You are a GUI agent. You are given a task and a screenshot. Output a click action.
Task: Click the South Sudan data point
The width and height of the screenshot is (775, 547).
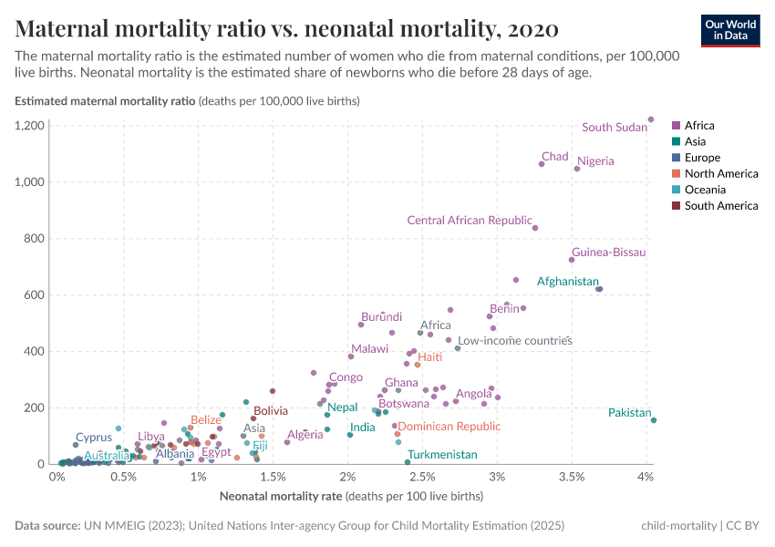click(x=651, y=119)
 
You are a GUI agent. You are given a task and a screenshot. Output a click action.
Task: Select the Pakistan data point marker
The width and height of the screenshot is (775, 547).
click(x=654, y=420)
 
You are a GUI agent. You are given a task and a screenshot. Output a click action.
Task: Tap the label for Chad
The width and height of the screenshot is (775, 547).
click(x=554, y=157)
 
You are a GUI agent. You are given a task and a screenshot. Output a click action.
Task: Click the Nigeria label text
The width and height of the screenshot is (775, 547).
click(x=595, y=161)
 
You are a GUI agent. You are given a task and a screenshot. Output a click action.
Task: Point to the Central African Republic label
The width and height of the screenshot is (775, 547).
click(x=469, y=220)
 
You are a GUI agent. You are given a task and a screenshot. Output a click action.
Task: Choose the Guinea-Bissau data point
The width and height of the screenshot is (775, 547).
click(x=572, y=260)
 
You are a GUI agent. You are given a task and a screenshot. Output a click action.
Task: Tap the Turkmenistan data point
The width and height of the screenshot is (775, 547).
click(x=407, y=462)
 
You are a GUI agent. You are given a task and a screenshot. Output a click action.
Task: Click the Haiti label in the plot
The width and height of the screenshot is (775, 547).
click(x=429, y=356)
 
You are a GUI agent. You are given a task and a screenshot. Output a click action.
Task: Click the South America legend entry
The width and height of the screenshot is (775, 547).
click(x=720, y=206)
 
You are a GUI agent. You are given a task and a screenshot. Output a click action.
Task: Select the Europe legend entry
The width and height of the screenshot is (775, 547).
click(x=702, y=158)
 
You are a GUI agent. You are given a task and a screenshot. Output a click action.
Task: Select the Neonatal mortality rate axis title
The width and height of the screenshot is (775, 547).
click(x=351, y=497)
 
